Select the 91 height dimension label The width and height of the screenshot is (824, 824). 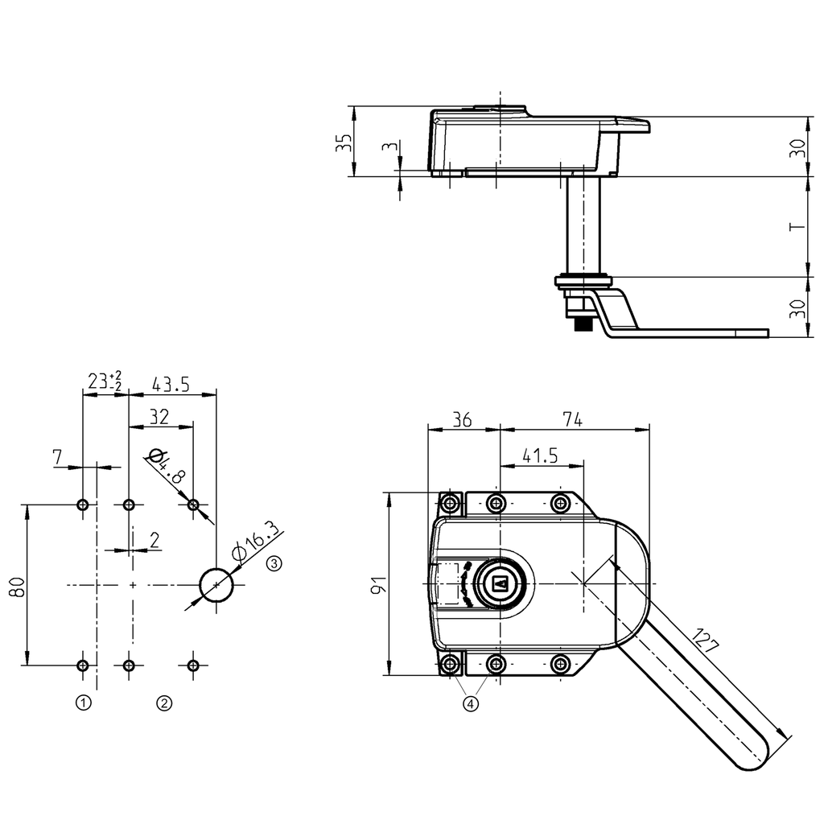coord(378,583)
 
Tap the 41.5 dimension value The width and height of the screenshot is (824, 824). coord(540,455)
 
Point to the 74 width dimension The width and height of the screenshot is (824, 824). coord(572,419)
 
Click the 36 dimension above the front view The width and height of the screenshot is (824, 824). coord(462,419)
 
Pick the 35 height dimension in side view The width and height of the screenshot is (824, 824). coord(344,143)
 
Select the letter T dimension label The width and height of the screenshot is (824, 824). coord(797,227)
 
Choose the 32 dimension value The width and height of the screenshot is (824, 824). coord(159,416)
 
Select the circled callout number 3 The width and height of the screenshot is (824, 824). coord(274,563)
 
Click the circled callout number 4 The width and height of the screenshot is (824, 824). coord(471,703)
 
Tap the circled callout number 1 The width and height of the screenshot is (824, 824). coord(82,703)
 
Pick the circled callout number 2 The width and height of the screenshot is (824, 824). coord(163,703)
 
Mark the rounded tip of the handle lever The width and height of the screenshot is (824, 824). coord(752,756)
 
